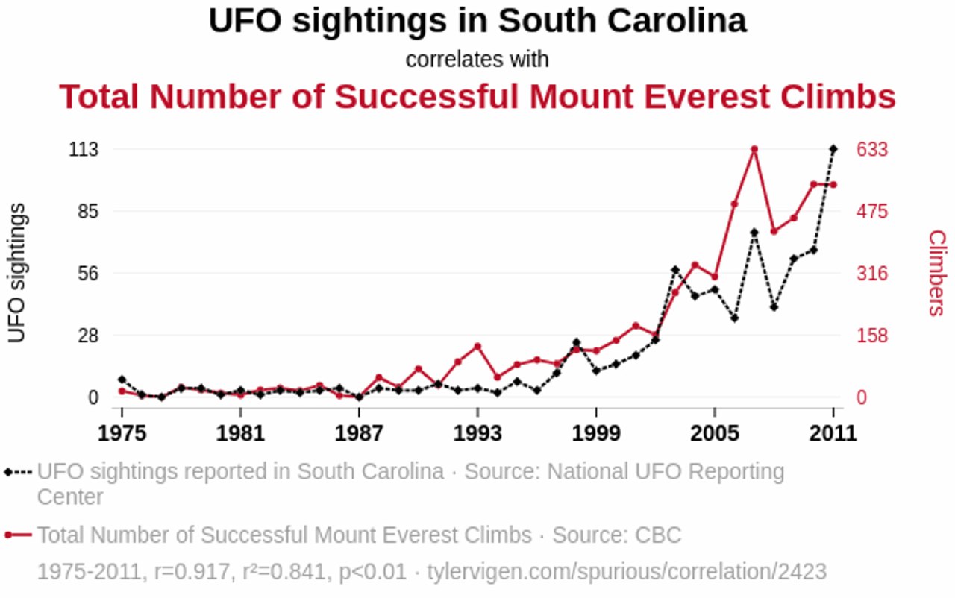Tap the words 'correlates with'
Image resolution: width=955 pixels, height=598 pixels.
coord(477,60)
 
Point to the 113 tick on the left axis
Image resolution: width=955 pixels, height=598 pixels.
coord(84,150)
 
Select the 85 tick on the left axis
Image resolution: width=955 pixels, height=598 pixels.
coord(89,212)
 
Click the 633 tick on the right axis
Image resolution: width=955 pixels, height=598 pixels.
coord(871,150)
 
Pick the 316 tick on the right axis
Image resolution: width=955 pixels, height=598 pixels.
coord(871,274)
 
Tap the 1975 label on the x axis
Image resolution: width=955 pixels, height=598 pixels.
coord(121,433)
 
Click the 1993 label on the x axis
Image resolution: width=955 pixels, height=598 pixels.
coord(477,433)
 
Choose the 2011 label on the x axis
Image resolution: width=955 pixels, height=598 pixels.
coord(833,433)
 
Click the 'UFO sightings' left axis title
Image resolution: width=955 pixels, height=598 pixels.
coord(17,273)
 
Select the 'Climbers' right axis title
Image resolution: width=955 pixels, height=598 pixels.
coord(936,273)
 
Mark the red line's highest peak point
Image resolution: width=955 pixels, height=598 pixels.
coord(754,149)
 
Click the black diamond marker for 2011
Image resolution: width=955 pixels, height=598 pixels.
coord(833,149)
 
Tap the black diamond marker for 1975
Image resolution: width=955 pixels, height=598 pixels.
coord(122,380)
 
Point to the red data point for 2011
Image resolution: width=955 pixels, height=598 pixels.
coord(833,184)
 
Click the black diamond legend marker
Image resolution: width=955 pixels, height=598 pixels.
coord(8,472)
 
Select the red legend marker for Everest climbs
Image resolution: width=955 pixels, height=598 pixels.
coord(8,535)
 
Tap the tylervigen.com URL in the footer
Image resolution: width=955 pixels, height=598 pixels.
coord(627,572)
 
